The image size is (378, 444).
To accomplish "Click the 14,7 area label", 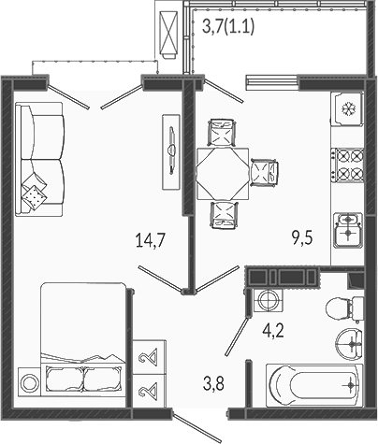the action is pos(151,241).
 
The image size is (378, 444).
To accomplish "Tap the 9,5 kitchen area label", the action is pos(302,238).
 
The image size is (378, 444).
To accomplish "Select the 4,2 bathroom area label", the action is pos(273,331).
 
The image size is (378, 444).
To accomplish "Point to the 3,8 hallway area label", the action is pos(213,383).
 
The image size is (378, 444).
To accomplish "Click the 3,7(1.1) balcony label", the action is pos(228,26).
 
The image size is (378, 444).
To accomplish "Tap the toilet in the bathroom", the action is pos(344,308).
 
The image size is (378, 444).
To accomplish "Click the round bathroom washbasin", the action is pos(349,344).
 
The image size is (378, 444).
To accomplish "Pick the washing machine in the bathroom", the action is pos(268,300).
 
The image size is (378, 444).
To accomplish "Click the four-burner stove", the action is pos(347,165).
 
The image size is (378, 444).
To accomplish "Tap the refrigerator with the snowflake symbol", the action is pos(347,108).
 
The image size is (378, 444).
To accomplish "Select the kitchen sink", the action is pos(348,230).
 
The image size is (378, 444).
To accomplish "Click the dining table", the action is pos(223,174).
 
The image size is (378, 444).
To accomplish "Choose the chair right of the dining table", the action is pos(264,172).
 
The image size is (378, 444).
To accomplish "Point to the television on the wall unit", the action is pos(171,151).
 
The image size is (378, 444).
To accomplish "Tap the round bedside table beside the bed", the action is pos(29,382).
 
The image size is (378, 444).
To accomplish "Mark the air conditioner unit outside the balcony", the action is pos(168,35).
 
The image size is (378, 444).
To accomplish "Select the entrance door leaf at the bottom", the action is pos(197,427).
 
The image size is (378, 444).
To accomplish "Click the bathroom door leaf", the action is pos(237,337).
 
